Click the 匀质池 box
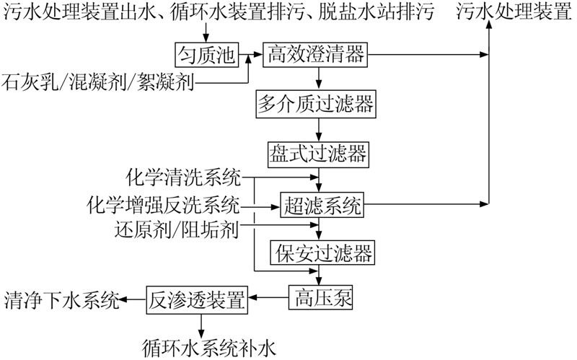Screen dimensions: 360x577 (x=208, y=54)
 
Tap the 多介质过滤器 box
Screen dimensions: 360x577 (x=317, y=105)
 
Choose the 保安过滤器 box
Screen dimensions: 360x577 (x=322, y=253)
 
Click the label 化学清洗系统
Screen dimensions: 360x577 (x=183, y=177)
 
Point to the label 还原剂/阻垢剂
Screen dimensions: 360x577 (x=177, y=230)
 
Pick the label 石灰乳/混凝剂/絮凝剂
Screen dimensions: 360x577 (x=97, y=82)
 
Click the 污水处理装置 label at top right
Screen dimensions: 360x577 (x=517, y=14)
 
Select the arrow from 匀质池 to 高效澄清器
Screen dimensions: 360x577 (x=250, y=54)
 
